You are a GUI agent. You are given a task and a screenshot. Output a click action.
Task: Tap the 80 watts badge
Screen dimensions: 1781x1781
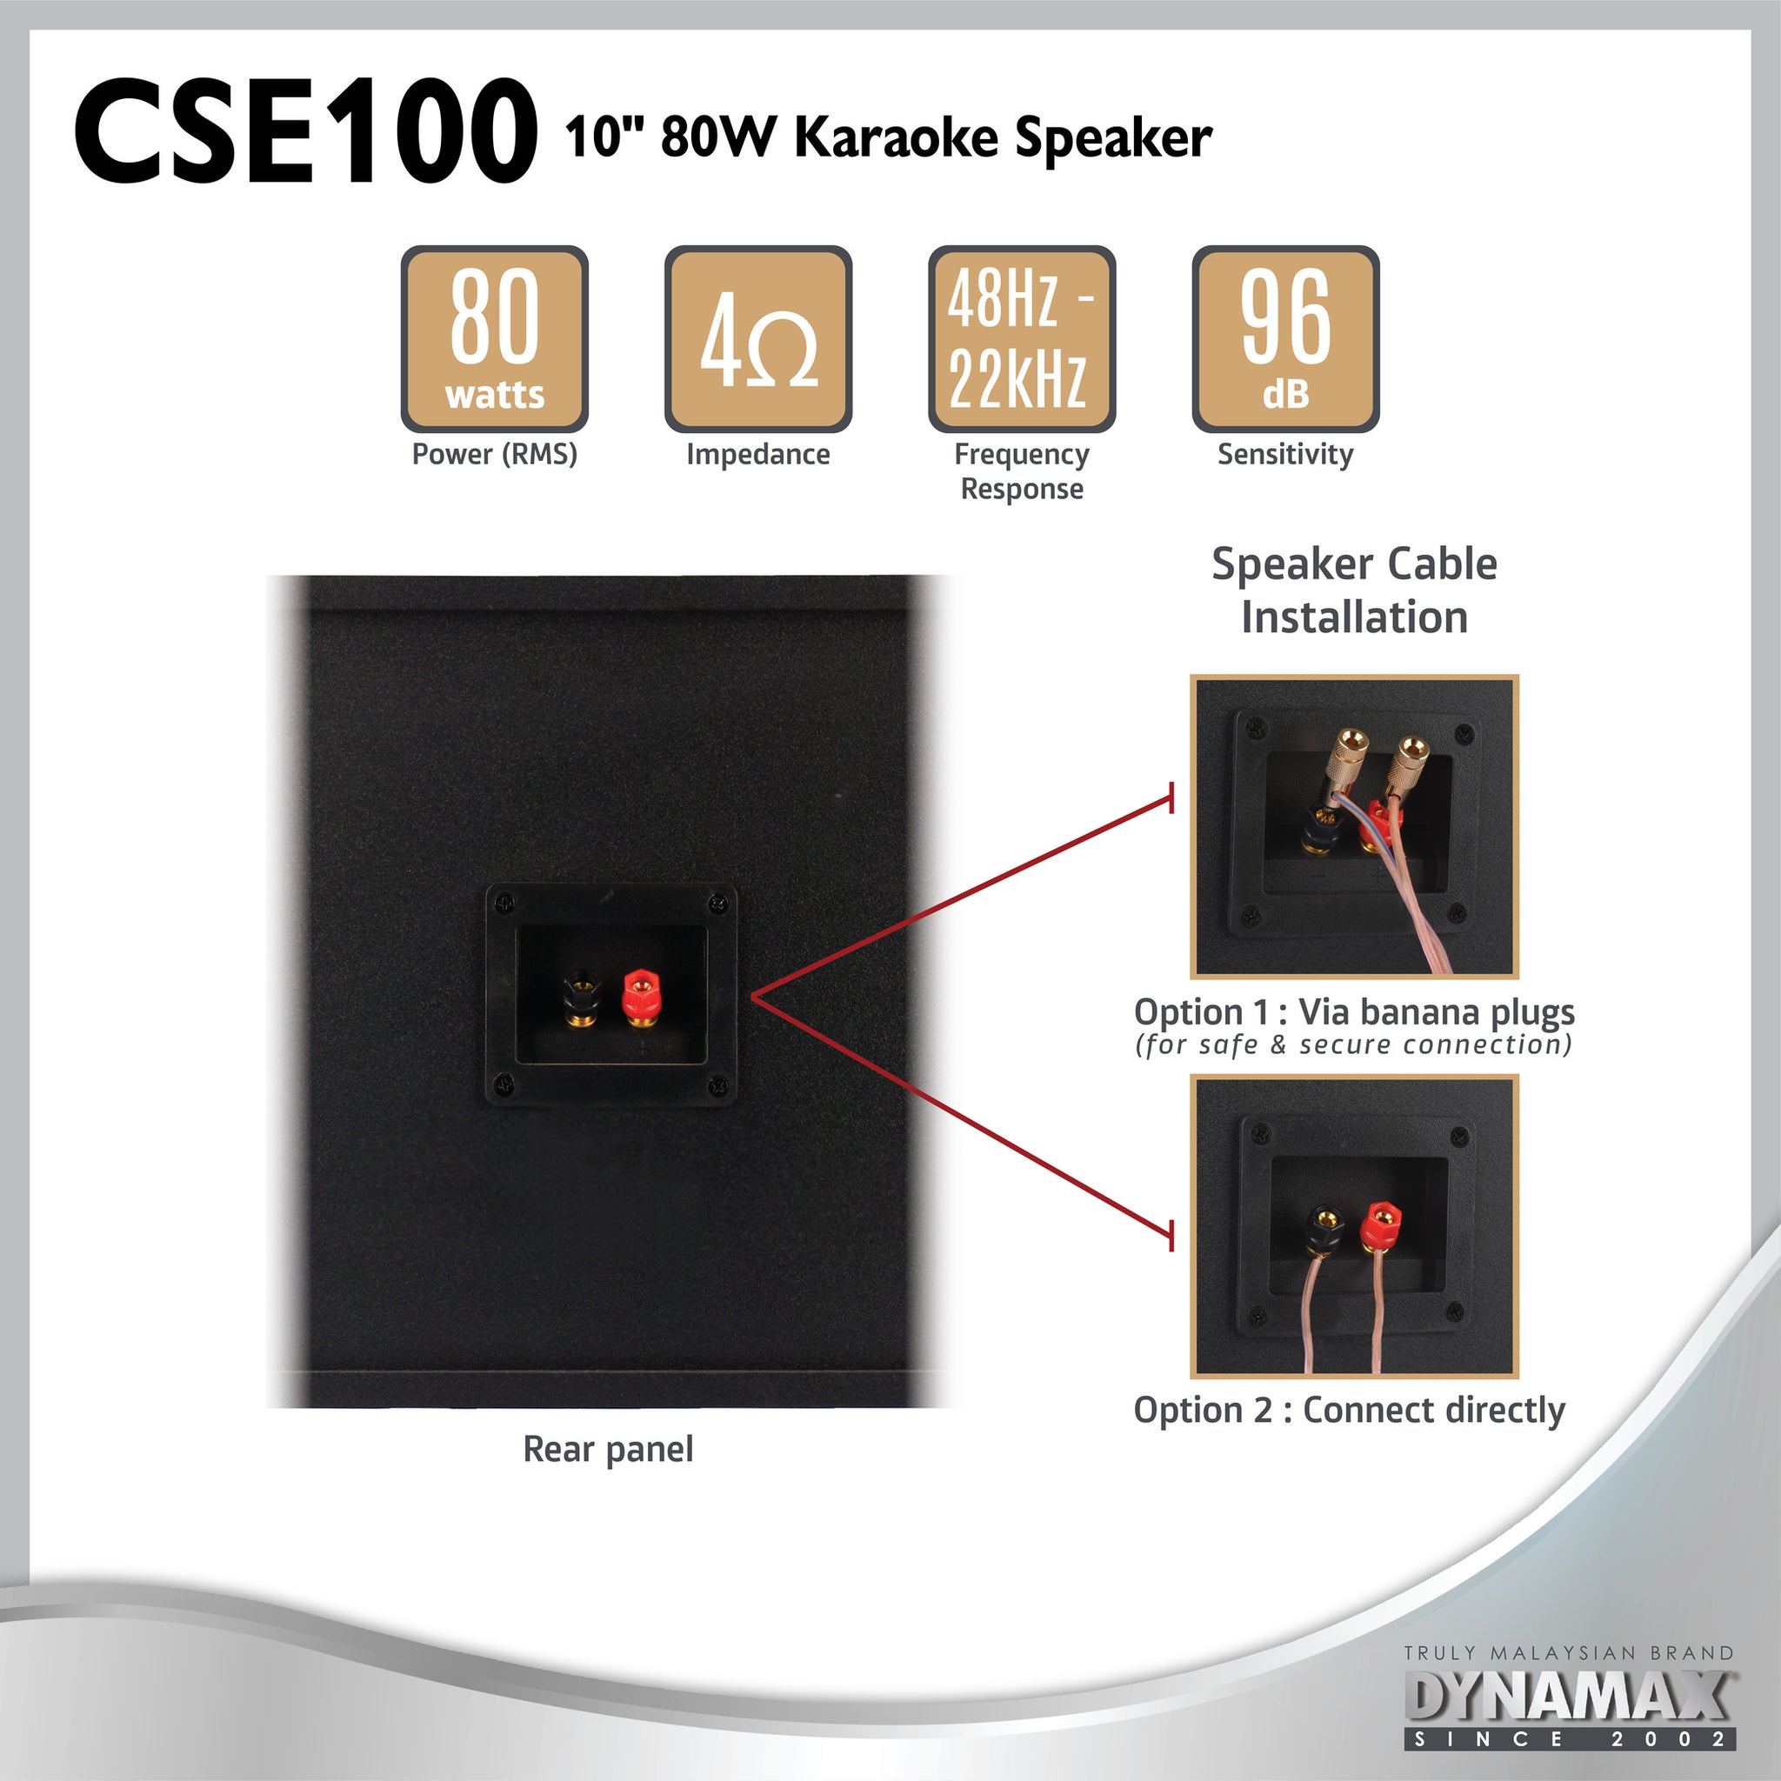pyautogui.click(x=494, y=338)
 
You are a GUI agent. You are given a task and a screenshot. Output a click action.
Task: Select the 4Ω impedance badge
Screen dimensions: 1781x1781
pyautogui.click(x=757, y=338)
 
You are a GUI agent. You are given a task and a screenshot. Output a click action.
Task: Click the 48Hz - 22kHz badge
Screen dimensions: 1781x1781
pyautogui.click(x=1022, y=338)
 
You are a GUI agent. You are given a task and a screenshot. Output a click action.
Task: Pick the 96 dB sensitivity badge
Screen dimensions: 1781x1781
pyautogui.click(x=1285, y=338)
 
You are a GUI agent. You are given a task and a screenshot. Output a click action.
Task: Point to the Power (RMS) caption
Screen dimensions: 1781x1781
pyautogui.click(x=494, y=454)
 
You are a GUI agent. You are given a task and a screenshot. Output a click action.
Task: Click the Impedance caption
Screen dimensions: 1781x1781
pyautogui.click(x=757, y=454)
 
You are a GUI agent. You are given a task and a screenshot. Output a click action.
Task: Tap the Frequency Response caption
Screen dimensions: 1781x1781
pyautogui.click(x=1022, y=471)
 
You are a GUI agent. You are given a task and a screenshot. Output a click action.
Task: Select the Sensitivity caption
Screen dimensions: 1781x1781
pyautogui.click(x=1285, y=454)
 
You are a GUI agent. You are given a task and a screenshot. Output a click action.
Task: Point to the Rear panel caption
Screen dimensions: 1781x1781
pyautogui.click(x=608, y=1448)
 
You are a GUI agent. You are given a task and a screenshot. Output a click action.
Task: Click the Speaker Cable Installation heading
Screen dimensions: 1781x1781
pyautogui.click(x=1353, y=590)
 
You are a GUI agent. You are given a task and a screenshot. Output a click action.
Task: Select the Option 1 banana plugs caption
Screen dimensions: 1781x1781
pyautogui.click(x=1353, y=1011)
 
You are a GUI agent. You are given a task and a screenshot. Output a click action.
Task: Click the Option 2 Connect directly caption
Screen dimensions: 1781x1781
pyautogui.click(x=1349, y=1410)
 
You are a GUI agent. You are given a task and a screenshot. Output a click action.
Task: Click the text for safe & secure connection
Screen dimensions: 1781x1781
pyautogui.click(x=1353, y=1044)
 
